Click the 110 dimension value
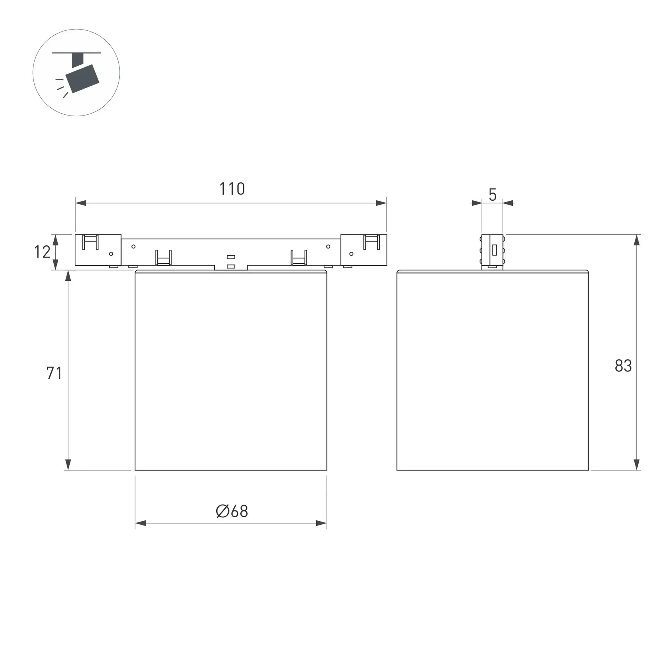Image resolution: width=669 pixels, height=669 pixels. point(232,189)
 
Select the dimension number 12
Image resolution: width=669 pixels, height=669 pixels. point(42,252)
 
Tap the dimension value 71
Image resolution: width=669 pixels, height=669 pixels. point(54,373)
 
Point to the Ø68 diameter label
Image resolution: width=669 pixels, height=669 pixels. point(232,511)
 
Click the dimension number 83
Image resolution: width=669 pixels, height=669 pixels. point(623,366)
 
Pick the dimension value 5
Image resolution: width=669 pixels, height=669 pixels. point(492,195)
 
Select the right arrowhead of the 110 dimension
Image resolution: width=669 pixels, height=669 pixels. point(381,203)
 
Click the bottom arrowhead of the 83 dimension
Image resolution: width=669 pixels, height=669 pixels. point(636,464)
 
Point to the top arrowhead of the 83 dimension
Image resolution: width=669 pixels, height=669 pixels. point(636,240)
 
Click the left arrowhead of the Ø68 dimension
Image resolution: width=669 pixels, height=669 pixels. point(140,523)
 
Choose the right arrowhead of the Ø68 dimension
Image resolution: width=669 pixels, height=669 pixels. point(321,523)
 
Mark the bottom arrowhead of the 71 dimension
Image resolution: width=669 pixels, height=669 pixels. point(68,464)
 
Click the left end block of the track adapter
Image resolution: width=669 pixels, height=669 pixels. point(98,250)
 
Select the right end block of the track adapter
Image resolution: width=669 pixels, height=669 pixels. point(364,250)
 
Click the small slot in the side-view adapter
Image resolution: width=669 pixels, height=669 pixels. point(495,250)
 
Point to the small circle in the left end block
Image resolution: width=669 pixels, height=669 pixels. point(111,254)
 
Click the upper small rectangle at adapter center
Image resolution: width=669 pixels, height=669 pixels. point(231,257)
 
